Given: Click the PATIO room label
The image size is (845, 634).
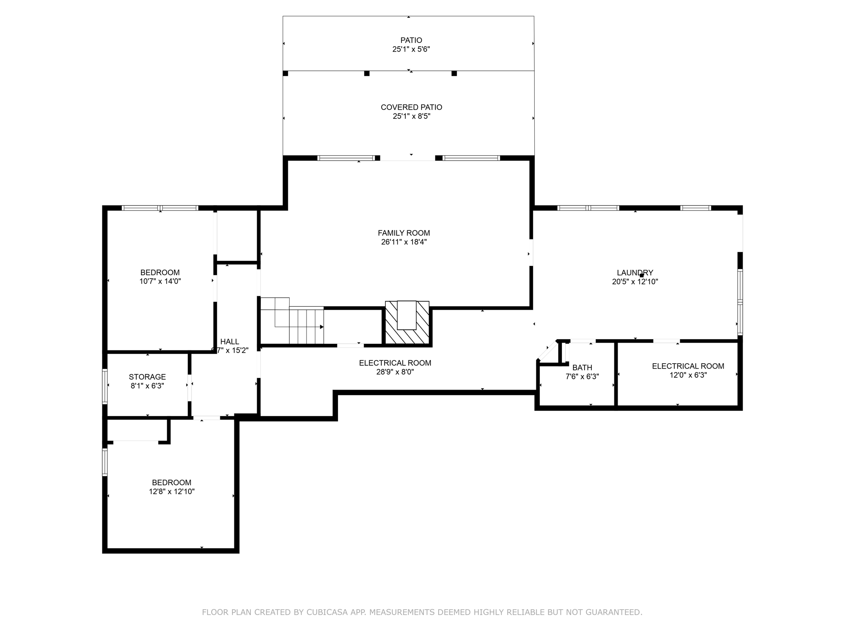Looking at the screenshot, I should [411, 40].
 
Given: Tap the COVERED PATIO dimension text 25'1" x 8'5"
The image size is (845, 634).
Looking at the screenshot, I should [411, 116].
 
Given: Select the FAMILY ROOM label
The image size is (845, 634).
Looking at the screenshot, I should [404, 233].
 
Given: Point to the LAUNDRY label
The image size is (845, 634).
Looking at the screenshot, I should [635, 272].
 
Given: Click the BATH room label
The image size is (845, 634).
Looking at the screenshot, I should [582, 367].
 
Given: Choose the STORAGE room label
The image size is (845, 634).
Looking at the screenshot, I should [147, 377].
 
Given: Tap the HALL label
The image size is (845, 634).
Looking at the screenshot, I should [229, 341].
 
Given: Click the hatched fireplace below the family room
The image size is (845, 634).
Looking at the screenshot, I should [407, 323].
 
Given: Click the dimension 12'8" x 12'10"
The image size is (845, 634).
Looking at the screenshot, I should [172, 492].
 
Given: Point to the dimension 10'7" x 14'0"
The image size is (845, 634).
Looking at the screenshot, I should [160, 282].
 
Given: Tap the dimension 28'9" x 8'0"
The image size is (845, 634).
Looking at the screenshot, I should [395, 372].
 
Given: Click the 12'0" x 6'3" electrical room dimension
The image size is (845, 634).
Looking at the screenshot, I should [688, 375].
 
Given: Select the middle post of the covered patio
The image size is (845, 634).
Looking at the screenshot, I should [367, 73].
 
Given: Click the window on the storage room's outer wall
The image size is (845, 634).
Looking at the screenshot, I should [105, 386].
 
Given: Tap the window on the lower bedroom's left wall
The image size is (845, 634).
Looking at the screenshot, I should [105, 462].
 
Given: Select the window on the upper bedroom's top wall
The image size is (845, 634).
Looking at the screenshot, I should [160, 208].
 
